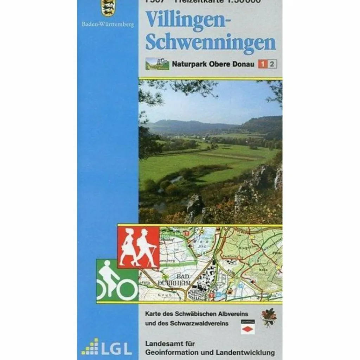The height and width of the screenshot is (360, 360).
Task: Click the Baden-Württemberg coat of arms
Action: click(108, 8)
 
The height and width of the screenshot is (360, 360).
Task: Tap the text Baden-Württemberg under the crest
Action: click(108, 25)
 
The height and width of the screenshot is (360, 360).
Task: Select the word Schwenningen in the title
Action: click(211, 42)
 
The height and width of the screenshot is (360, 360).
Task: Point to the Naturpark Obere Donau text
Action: click(213, 64)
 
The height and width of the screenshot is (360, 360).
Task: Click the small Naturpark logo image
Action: click(157, 64)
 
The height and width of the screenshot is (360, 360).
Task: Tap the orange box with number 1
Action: click(262, 64)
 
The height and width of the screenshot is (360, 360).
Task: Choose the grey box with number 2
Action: click(272, 64)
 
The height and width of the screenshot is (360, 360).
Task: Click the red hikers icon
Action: click(139, 247)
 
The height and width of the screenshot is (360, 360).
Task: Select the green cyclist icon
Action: click(117, 280)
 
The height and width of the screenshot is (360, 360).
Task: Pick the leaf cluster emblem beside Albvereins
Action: click(269, 317)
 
